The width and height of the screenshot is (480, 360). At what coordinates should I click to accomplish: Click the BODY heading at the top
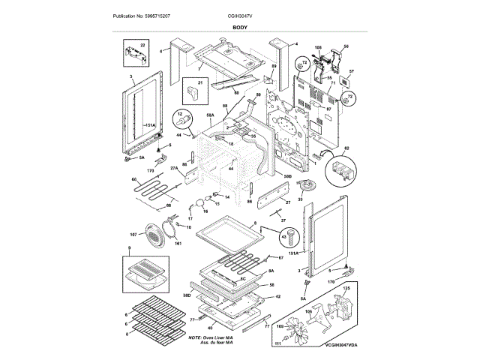[241, 26]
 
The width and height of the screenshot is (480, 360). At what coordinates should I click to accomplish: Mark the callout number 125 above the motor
[346, 288]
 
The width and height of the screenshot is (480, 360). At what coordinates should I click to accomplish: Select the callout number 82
[346, 148]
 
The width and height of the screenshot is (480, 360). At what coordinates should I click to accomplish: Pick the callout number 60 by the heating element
[134, 180]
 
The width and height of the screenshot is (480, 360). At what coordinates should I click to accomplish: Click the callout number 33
[300, 200]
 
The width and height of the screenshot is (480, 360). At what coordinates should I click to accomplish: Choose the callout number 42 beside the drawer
[277, 297]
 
